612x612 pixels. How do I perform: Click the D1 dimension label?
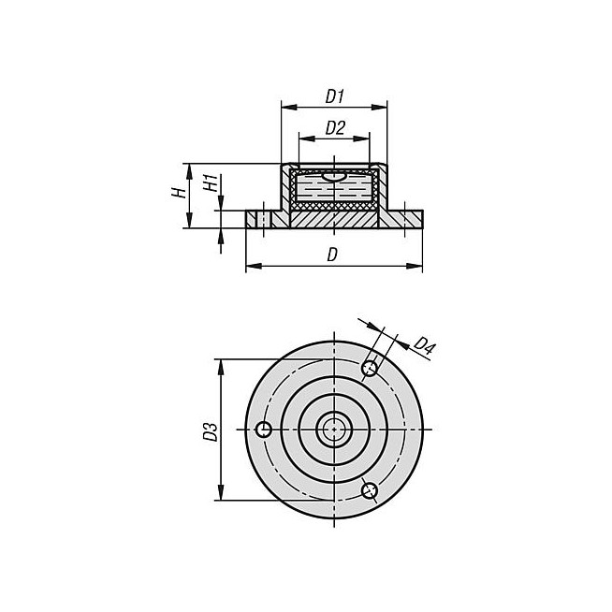[x=334, y=96]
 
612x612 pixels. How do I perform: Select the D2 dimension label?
[x=335, y=128]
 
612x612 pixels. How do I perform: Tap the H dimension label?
[x=179, y=193]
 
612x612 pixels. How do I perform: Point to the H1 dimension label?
[x=211, y=183]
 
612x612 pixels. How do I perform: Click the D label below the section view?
[x=332, y=255]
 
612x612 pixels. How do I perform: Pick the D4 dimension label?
[x=424, y=344]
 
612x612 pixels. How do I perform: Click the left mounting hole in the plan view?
[x=264, y=430]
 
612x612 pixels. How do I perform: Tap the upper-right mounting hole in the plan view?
[x=370, y=368]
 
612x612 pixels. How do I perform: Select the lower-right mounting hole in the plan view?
[x=370, y=490]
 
